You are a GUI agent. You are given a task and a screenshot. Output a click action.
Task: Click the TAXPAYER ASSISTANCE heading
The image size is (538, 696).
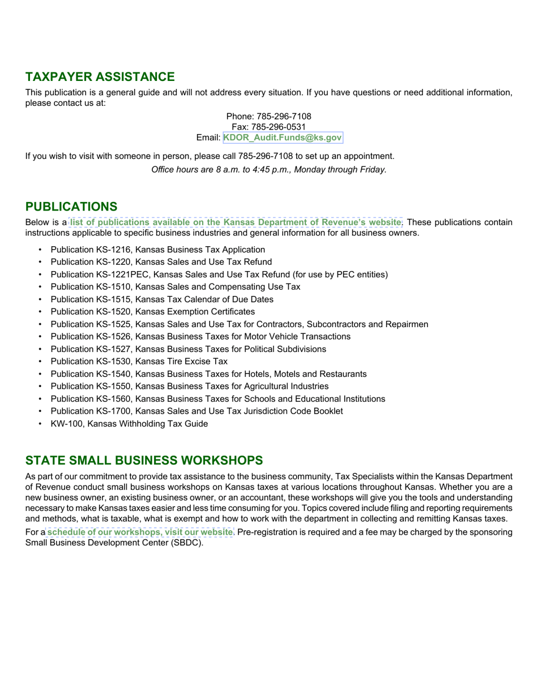(x=100, y=77)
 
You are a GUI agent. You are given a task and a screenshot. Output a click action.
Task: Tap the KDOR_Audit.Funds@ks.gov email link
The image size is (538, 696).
(x=283, y=138)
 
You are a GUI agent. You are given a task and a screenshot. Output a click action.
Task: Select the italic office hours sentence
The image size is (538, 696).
(x=269, y=170)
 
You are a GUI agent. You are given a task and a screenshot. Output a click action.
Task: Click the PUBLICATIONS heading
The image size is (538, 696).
(x=71, y=207)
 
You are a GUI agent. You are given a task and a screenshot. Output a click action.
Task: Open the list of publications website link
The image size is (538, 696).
(x=235, y=222)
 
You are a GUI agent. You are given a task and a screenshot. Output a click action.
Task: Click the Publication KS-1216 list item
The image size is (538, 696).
(x=157, y=250)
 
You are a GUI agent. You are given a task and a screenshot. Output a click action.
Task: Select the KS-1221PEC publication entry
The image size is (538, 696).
(x=219, y=274)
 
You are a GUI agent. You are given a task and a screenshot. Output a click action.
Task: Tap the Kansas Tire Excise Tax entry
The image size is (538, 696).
(x=139, y=362)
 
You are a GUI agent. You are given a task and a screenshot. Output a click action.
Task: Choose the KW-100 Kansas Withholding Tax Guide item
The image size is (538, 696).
(x=129, y=424)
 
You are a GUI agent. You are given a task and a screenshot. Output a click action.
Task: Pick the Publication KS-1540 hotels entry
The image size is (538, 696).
(x=208, y=374)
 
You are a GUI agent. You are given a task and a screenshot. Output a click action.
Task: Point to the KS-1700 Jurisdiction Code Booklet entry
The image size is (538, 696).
(x=197, y=411)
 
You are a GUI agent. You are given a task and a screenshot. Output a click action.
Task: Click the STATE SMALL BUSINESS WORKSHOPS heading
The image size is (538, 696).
(x=144, y=460)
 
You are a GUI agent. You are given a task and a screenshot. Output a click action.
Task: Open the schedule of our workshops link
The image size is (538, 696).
(x=139, y=532)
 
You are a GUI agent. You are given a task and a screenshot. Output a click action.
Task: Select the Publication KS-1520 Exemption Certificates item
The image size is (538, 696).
(x=152, y=312)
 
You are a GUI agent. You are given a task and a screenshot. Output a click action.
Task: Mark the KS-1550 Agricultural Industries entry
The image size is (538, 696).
(x=189, y=386)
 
